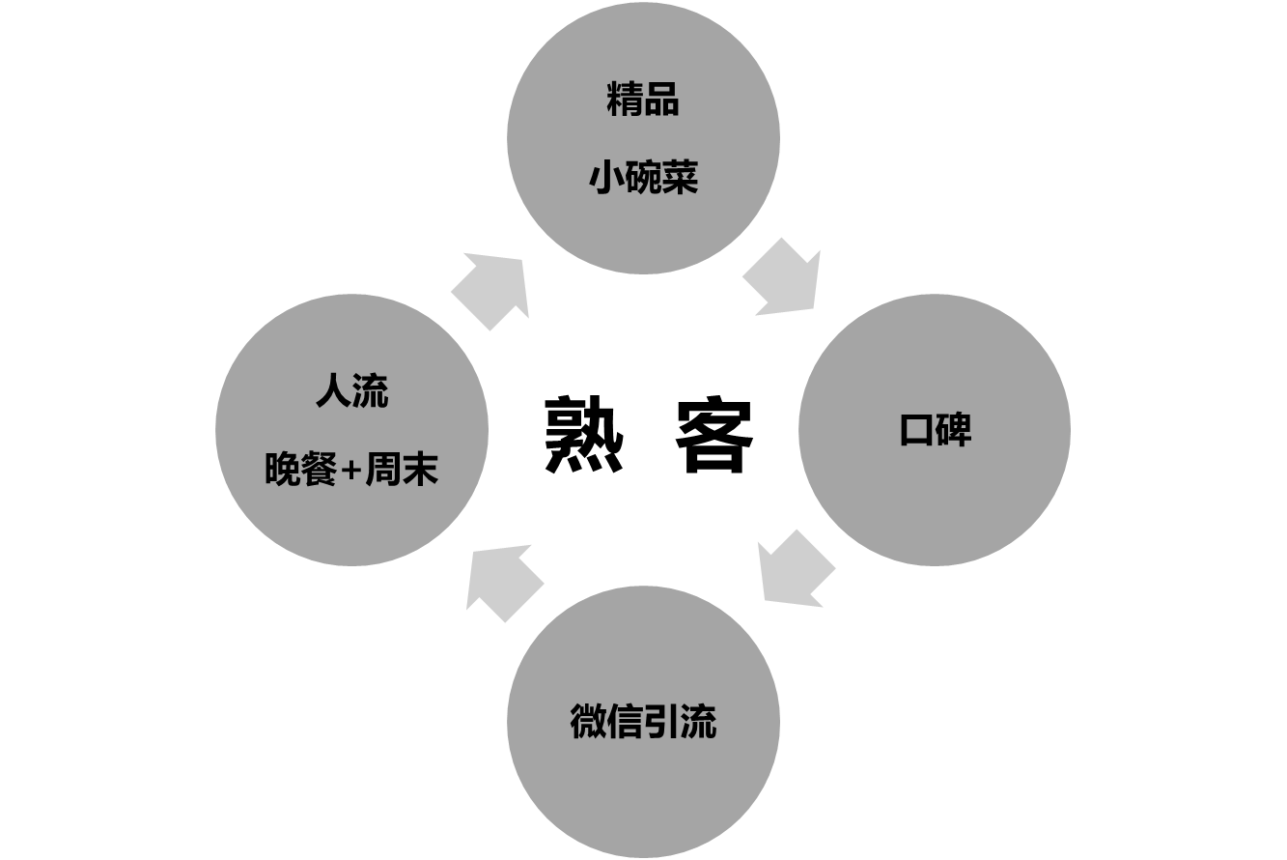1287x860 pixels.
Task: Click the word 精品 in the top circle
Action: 643,100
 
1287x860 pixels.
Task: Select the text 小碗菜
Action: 643,178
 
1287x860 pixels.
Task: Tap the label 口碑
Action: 935,430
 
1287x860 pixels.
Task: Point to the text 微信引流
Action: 643,722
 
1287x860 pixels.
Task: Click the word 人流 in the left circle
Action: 351,392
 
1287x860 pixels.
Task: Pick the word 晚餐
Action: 300,471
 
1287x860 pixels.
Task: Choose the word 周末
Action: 402,471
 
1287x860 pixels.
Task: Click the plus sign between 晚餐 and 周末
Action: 351,472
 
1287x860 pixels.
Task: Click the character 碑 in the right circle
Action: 953,430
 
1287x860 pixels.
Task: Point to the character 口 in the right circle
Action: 916,430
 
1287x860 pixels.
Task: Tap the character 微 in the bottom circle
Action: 588,722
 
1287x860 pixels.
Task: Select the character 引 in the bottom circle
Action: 661,722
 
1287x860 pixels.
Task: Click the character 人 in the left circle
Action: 333,392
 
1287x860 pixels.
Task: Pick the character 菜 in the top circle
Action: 680,178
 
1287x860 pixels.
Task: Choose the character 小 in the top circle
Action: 606,178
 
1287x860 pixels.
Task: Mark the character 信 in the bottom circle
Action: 625,722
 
